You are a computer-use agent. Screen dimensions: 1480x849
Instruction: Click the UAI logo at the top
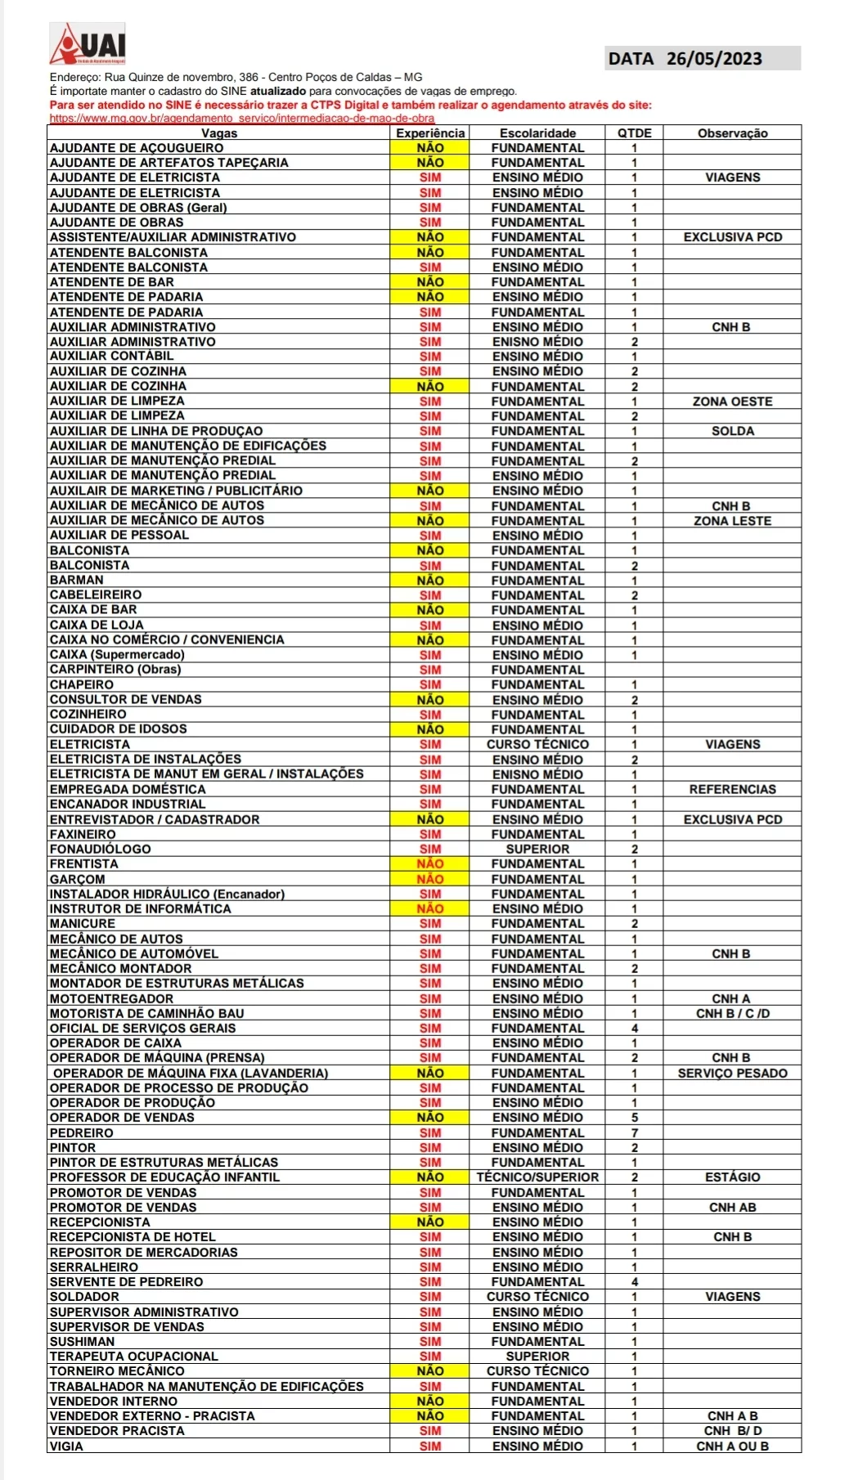[x=88, y=44]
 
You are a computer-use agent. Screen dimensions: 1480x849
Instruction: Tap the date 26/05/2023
[x=713, y=59]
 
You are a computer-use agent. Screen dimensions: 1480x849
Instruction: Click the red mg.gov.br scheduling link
[x=242, y=119]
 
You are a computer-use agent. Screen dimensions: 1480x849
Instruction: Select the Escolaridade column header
[x=537, y=133]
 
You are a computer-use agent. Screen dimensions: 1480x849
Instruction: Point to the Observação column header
[x=732, y=133]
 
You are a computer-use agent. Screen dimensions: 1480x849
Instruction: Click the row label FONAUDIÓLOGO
[x=101, y=850]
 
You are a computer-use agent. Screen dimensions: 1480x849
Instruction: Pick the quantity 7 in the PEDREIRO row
[x=635, y=1133]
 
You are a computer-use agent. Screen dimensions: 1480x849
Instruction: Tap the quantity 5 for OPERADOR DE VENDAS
[x=635, y=1118]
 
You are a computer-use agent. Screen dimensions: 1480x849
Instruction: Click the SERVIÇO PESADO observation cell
[x=732, y=1074]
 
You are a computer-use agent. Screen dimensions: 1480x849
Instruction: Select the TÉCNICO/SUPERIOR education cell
[x=537, y=1177]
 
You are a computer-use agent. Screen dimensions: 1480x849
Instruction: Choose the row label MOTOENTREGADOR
[x=112, y=999]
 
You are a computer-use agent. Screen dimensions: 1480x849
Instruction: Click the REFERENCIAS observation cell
[x=732, y=790]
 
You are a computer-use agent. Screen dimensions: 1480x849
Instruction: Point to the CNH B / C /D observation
[x=732, y=1014]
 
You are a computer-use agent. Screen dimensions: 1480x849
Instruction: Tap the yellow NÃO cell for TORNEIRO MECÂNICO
[x=430, y=1371]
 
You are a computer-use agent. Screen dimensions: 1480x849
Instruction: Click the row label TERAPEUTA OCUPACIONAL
[x=134, y=1357]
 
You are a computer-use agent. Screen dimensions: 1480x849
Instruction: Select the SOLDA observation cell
[x=732, y=432]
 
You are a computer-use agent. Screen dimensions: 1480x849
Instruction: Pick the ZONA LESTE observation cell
[x=732, y=521]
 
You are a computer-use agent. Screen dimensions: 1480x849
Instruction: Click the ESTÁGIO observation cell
[x=732, y=1177]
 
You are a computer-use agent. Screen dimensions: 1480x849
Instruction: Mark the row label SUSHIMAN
[x=83, y=1342]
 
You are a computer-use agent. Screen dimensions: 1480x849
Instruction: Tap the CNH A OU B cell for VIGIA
[x=732, y=1446]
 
